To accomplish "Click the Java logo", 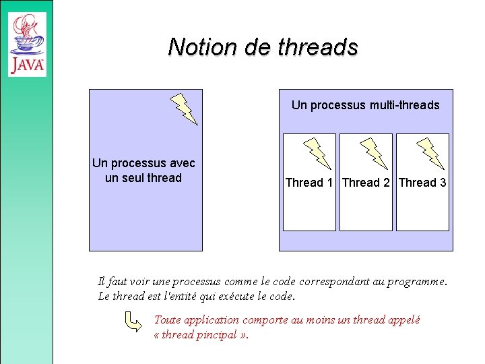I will tap(28, 44).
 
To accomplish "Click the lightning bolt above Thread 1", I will tap(318, 152).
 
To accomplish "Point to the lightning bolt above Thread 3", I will tap(430, 152).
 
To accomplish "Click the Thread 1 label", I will tap(309, 183).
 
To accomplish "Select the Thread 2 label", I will tap(366, 183).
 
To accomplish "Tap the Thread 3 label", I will tap(422, 183).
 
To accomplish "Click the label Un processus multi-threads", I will tap(365, 105).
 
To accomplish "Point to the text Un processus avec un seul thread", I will tap(143, 171).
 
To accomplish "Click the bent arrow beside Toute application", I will tap(133, 322).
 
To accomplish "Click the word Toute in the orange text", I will tap(168, 320).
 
